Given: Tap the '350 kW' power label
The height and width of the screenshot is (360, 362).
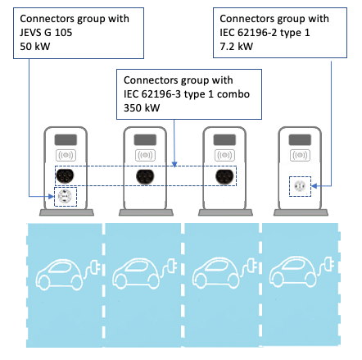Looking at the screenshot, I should pos(142,109).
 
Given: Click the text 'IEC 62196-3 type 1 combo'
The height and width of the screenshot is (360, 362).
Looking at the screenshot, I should pos(188,95).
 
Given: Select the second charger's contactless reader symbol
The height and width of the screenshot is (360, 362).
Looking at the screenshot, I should pos(145,154).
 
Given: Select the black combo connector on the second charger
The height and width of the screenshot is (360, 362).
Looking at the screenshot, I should pos(145,175).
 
